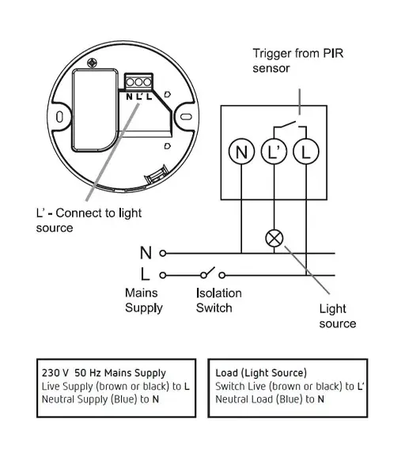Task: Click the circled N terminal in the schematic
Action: tap(241, 152)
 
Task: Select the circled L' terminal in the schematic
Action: tap(274, 152)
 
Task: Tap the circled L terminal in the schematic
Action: tap(306, 152)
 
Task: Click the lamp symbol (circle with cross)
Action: tap(274, 238)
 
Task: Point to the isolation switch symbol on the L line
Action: tap(213, 273)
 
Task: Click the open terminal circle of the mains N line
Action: tap(163, 253)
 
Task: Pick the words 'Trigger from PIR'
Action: tap(298, 53)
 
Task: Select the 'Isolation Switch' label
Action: tap(218, 300)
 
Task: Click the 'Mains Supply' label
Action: tap(144, 300)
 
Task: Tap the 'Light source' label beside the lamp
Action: tap(337, 316)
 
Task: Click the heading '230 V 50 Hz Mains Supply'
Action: tap(104, 372)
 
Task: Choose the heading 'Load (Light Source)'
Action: tap(261, 372)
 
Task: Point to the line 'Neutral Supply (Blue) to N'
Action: tap(100, 399)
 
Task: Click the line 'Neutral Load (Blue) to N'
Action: tap(270, 399)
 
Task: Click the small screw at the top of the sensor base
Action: tap(92, 63)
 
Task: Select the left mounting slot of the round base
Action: tap(59, 117)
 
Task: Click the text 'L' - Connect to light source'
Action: tap(89, 221)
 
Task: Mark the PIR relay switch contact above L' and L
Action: tap(290, 125)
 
